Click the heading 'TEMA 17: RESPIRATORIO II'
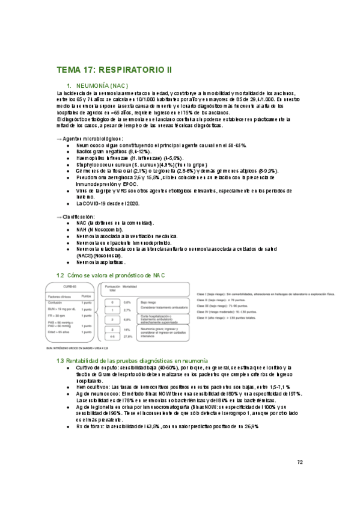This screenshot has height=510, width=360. pyautogui.click(x=114, y=70)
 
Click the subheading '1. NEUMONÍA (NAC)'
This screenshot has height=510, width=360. pyautogui.click(x=101, y=85)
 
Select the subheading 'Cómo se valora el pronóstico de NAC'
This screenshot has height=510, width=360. pyautogui.click(x=114, y=275)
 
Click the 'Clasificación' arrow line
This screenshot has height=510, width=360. pyautogui.click(x=75, y=216)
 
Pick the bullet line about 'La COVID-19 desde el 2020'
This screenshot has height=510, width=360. pyautogui.click(x=108, y=203)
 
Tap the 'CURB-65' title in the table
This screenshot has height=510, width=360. pyautogui.click(x=70, y=287)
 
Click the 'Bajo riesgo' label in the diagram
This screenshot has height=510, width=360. pyautogui.click(x=148, y=303)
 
